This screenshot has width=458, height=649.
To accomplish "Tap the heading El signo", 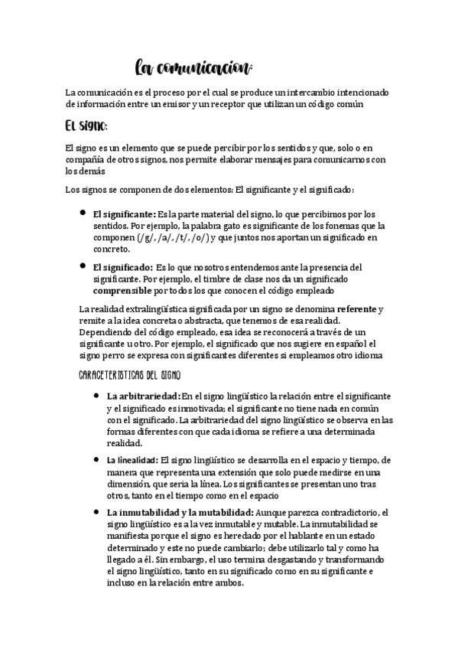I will [x=86, y=125].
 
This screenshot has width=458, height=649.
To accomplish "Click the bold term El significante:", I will [x=124, y=215].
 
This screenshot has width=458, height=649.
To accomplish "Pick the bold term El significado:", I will [x=122, y=267].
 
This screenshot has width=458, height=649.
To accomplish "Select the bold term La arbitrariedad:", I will [x=144, y=396].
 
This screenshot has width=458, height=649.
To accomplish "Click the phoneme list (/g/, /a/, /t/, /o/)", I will [x=174, y=238].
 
